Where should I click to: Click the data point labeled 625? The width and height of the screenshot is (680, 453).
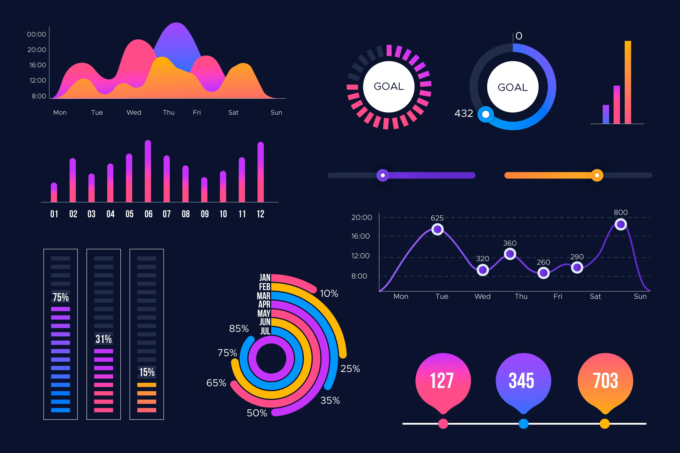pyautogui.click(x=437, y=229)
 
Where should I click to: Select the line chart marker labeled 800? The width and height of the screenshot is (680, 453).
pyautogui.click(x=620, y=224)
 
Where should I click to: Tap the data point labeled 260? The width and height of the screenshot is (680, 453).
pyautogui.click(x=543, y=273)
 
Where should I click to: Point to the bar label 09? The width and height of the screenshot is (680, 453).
pyautogui.click(x=205, y=214)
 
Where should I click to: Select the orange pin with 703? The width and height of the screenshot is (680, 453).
pyautogui.click(x=605, y=381)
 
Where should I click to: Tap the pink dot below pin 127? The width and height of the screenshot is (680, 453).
pyautogui.click(x=443, y=424)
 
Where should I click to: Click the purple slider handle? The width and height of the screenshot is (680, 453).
pyautogui.click(x=383, y=175)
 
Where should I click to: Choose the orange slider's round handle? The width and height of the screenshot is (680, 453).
pyautogui.click(x=597, y=175)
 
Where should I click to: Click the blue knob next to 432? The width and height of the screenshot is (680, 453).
pyautogui.click(x=486, y=114)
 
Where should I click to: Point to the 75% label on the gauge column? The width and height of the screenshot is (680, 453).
pyautogui.click(x=61, y=297)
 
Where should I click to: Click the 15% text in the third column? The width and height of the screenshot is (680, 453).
pyautogui.click(x=147, y=372)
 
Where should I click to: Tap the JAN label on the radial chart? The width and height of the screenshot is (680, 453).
pyautogui.click(x=265, y=278)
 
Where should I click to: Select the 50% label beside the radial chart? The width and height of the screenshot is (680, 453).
pyautogui.click(x=257, y=413)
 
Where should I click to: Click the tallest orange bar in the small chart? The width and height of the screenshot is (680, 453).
pyautogui.click(x=628, y=82)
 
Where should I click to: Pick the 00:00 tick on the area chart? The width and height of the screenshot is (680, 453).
pyautogui.click(x=36, y=34)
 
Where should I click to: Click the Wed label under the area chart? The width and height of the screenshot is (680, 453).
pyautogui.click(x=134, y=113)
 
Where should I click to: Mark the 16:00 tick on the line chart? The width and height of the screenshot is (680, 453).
pyautogui.click(x=361, y=236)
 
